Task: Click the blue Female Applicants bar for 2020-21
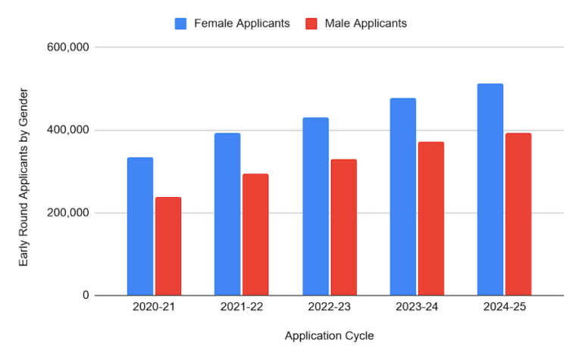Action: (x=140, y=227)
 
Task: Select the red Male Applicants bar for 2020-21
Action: (x=168, y=246)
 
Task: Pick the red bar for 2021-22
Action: (x=255, y=235)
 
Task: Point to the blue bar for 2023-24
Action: (x=402, y=197)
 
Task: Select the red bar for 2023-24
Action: (x=430, y=219)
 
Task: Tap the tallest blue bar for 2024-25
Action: (x=490, y=189)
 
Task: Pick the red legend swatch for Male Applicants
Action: (x=311, y=23)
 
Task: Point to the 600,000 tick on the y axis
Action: (x=69, y=47)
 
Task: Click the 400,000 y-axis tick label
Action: (x=69, y=130)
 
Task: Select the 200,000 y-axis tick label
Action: (x=69, y=213)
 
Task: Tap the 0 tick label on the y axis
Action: (x=86, y=296)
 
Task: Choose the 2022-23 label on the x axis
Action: (x=329, y=308)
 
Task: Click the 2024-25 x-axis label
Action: (x=504, y=308)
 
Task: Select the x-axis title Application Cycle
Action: (x=329, y=335)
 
